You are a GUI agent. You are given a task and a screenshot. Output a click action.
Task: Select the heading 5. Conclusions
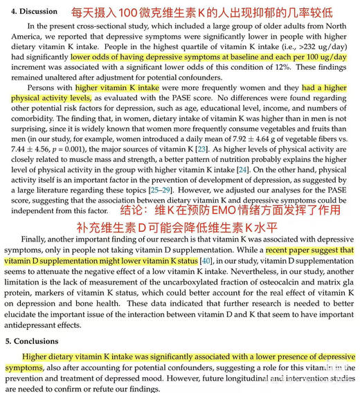[x=33, y=341]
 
